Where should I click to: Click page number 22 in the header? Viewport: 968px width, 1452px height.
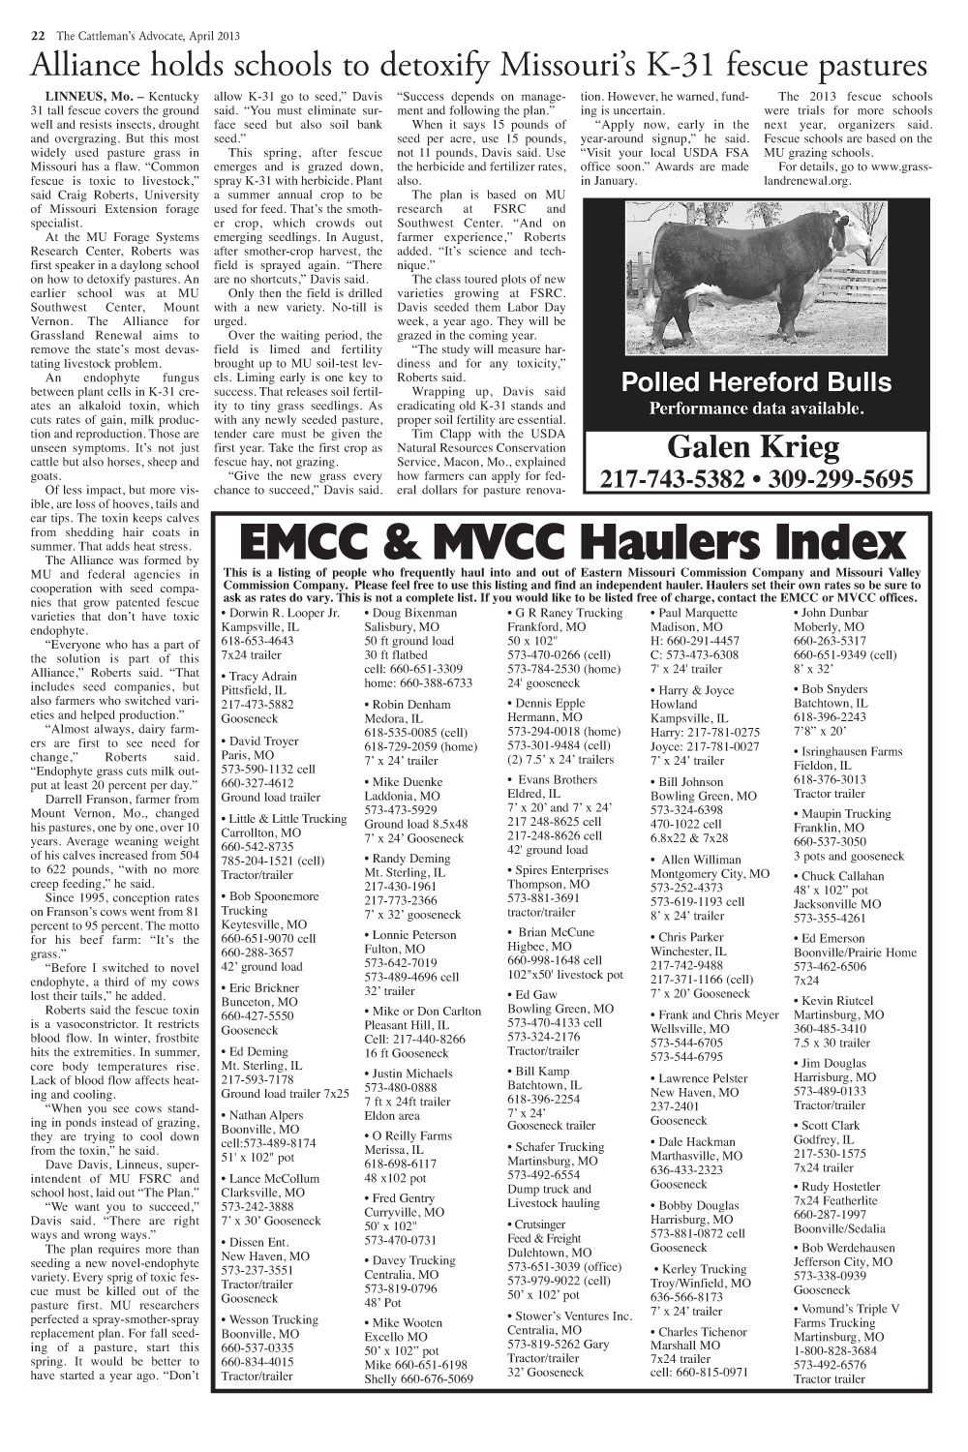[x=37, y=36]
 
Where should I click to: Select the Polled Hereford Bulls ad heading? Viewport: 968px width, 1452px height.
[x=755, y=381]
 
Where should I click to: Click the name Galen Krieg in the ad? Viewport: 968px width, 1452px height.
[x=754, y=448]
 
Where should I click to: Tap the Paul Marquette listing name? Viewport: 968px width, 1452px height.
[x=697, y=613]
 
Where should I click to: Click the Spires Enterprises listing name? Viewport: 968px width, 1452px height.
[x=561, y=870]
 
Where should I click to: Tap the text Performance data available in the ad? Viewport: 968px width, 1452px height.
[x=755, y=408]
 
